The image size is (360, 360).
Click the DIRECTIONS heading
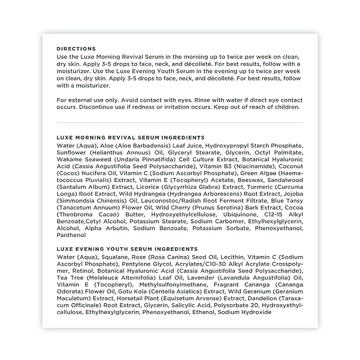point(76,48)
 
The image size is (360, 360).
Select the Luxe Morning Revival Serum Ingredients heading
point(130,137)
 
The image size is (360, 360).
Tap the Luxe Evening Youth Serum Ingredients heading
point(127,249)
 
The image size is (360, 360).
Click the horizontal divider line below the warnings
point(180,122)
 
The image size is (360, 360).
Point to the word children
point(287,107)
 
